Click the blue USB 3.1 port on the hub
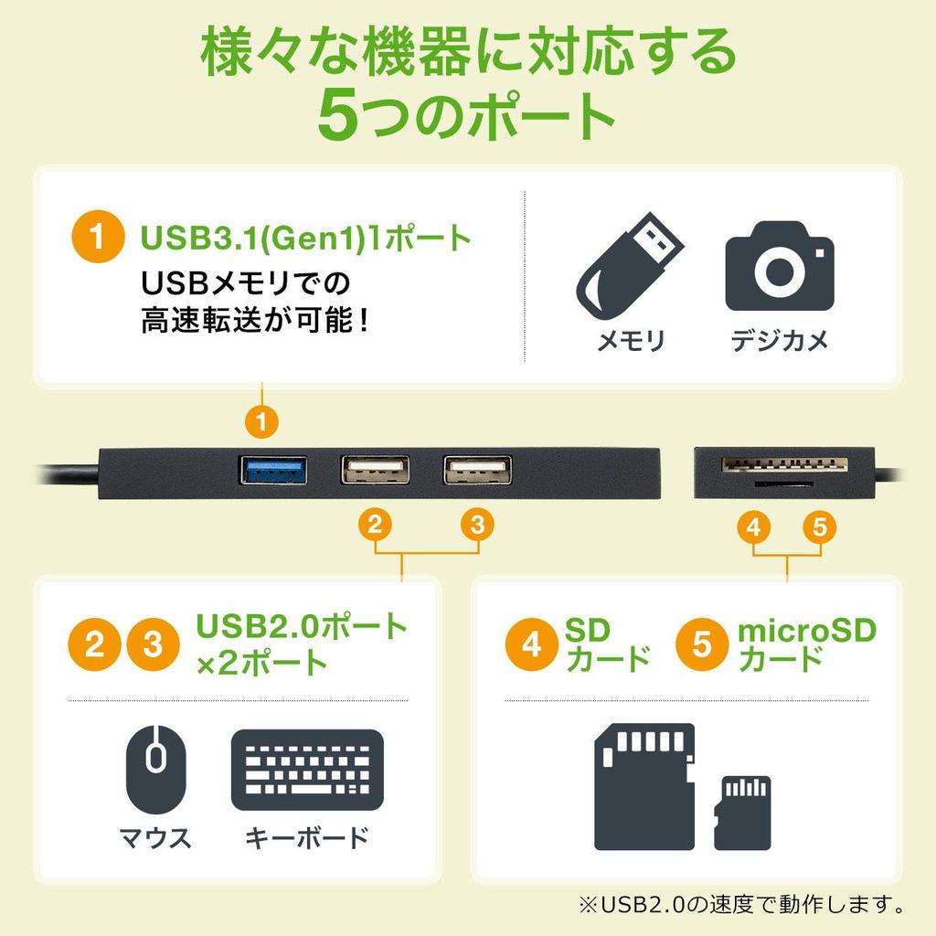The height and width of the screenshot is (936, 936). point(272,470)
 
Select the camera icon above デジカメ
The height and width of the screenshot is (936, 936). point(779,266)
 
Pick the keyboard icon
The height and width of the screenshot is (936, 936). point(306,769)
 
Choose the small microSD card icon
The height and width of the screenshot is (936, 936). point(742,812)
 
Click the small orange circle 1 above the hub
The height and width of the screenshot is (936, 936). point(262,422)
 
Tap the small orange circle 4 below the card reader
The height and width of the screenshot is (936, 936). point(753,526)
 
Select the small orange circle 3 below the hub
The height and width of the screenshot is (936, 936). point(477,525)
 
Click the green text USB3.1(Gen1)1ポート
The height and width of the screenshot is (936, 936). point(305,239)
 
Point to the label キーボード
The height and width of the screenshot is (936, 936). point(306,836)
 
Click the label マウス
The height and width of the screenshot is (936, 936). point(155,836)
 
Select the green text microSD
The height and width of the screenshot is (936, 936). point(806,630)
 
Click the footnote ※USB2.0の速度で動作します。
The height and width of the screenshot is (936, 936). point(742,905)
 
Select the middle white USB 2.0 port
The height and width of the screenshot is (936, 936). point(375,470)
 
